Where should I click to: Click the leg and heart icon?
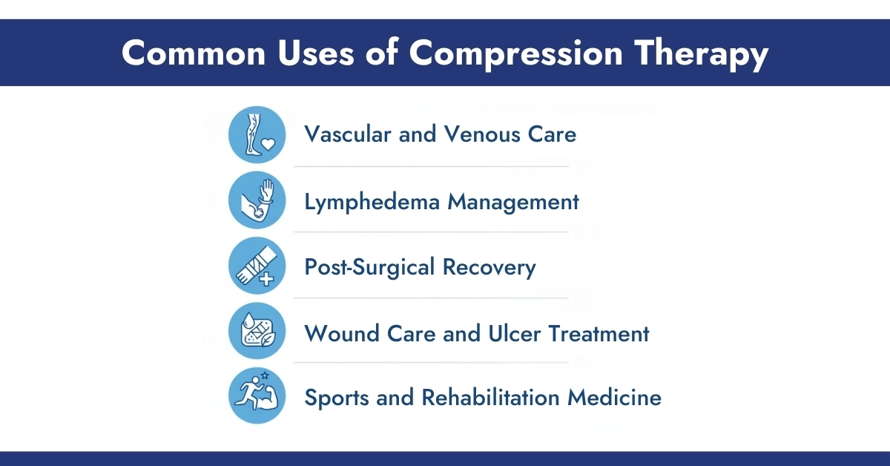257,134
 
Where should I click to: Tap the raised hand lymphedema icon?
257,200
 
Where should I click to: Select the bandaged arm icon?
257,266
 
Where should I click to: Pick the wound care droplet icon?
257,332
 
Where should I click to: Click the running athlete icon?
257,397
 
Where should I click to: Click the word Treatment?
599,333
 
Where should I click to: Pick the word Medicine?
615,398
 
